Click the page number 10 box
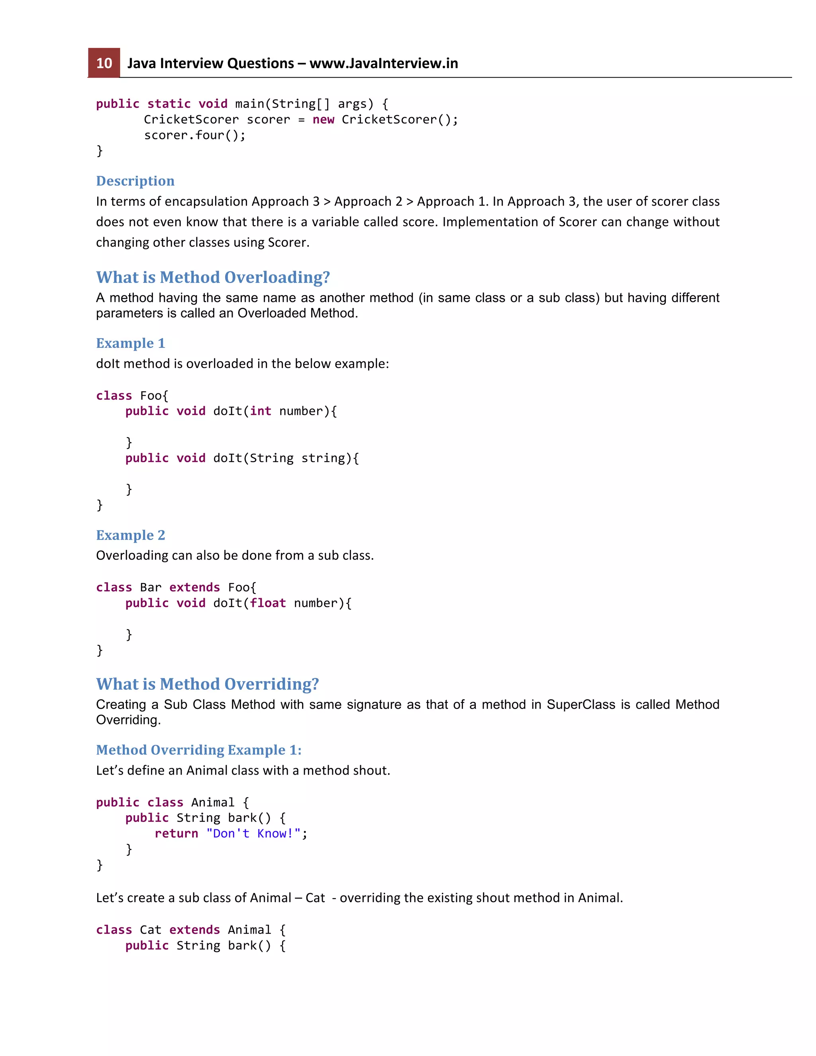click(x=104, y=63)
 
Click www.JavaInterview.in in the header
click(x=383, y=63)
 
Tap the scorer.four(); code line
click(x=195, y=135)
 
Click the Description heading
click(x=135, y=181)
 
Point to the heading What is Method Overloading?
click(x=213, y=277)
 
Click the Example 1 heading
click(x=131, y=343)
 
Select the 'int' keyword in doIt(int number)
click(x=261, y=411)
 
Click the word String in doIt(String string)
click(x=271, y=458)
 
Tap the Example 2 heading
click(x=131, y=535)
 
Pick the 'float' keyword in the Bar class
click(x=268, y=603)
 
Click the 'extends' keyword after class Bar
click(x=194, y=587)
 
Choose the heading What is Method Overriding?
click(x=207, y=684)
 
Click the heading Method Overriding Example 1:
click(x=199, y=750)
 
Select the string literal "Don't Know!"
click(x=253, y=834)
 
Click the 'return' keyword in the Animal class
click(x=177, y=834)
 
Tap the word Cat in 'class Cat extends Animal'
click(x=150, y=930)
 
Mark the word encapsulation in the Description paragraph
click(x=206, y=202)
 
